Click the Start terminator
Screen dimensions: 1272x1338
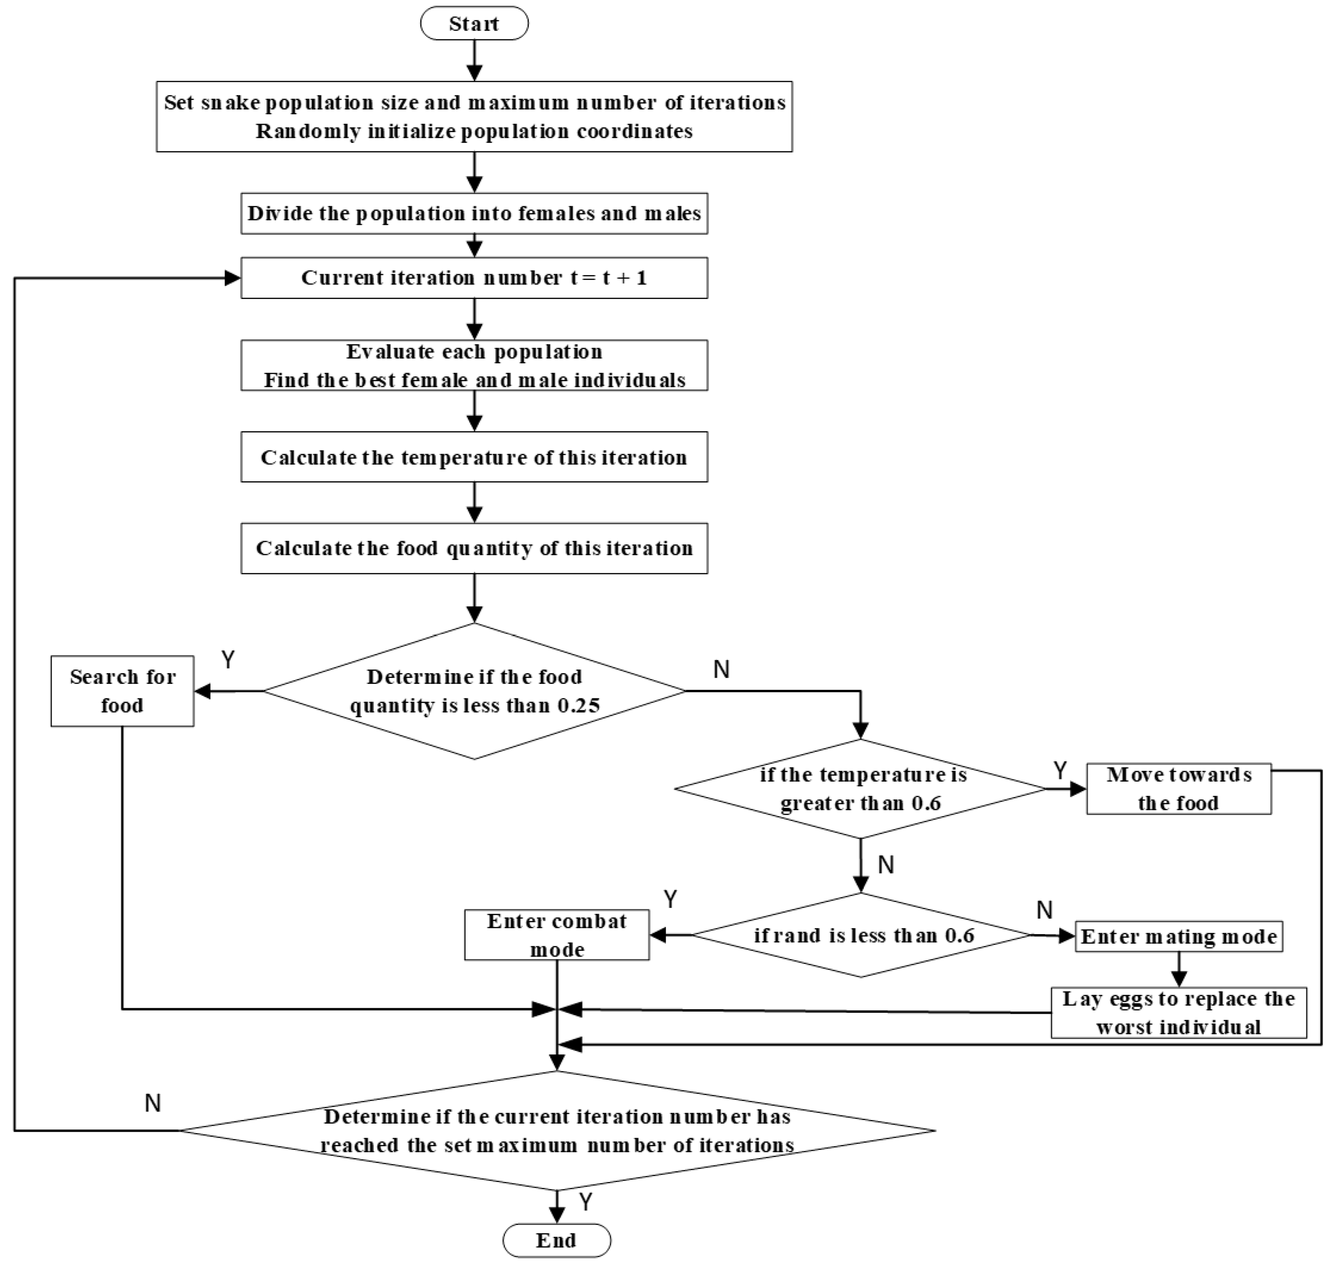coord(474,24)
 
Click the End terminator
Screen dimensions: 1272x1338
coord(556,1240)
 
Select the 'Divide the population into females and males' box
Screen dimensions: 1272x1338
coord(474,214)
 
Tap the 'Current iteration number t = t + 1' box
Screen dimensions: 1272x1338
coord(474,278)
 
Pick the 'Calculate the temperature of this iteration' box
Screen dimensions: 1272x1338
coord(474,457)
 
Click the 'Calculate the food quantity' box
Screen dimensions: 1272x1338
coord(474,548)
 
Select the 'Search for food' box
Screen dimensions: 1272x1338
coord(122,691)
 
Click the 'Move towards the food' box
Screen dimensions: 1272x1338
coord(1179,788)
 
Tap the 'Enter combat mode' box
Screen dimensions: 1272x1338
coord(556,935)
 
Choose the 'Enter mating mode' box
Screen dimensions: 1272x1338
coord(1179,936)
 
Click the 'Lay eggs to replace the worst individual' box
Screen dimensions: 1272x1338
coord(1179,1012)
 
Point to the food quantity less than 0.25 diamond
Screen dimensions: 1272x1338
coord(474,691)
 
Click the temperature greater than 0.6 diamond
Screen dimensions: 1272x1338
coord(861,788)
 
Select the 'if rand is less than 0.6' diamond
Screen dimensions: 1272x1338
coord(861,936)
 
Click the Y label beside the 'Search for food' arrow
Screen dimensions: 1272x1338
coord(229,660)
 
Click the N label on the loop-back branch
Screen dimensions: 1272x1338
coord(152,1103)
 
